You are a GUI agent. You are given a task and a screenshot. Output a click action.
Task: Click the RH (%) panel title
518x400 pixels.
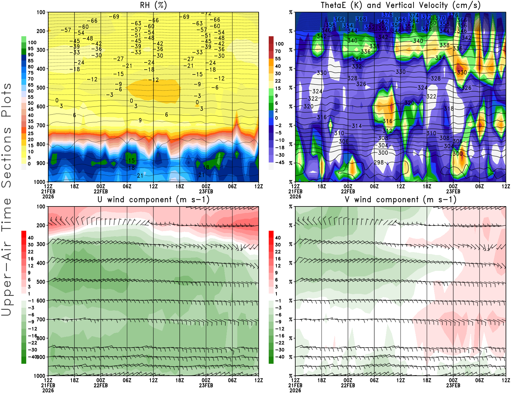point(153,6)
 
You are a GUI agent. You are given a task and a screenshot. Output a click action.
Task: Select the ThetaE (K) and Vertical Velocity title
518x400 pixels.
point(400,6)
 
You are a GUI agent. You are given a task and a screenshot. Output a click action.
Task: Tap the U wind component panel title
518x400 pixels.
point(153,199)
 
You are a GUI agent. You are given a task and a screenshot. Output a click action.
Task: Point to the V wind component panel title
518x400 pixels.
point(400,199)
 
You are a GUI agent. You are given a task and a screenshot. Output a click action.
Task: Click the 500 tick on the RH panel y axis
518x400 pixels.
point(41,88)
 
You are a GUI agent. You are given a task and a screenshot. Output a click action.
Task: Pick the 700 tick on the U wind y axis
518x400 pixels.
point(41,319)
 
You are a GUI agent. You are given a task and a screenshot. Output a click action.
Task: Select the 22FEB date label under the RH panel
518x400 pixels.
point(101,191)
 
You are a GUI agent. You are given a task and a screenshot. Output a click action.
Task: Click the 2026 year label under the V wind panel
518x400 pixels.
point(295,390)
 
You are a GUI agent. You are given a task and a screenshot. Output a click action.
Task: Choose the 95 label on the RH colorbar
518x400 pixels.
point(30,49)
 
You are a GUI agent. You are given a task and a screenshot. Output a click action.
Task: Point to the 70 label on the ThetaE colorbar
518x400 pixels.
point(278,51)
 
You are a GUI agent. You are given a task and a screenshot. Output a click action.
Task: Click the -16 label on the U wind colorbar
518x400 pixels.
point(32,336)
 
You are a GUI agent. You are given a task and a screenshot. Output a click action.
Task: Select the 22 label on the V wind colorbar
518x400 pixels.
point(278,252)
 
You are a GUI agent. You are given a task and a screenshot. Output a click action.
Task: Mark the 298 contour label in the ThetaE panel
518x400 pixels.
point(379,162)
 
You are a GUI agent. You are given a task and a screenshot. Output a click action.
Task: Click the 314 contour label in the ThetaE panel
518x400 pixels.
point(357,126)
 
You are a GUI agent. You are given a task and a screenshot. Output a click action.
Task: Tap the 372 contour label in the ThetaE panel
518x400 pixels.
point(427,17)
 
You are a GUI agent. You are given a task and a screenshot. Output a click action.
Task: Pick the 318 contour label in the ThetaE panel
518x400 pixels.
point(449,109)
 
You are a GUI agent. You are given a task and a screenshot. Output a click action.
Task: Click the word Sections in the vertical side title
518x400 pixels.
point(6,157)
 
